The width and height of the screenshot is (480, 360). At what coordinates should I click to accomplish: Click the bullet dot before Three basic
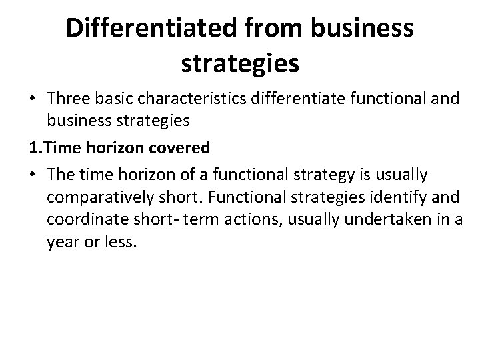click(32, 99)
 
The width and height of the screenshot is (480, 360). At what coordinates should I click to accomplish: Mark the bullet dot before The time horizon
click(32, 174)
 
